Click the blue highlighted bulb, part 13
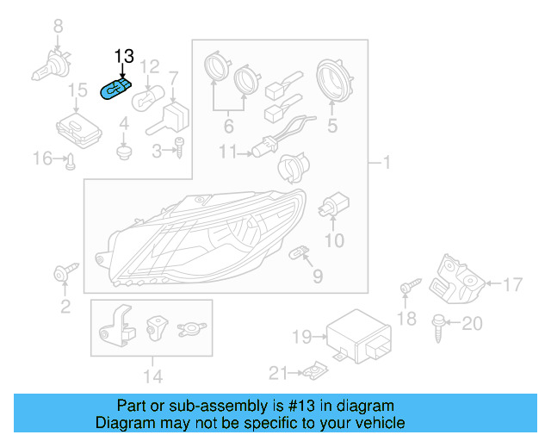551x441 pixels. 116,89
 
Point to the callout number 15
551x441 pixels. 77,90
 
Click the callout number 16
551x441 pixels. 42,158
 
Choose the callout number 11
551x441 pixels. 227,152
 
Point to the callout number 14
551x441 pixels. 152,375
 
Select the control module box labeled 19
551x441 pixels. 353,332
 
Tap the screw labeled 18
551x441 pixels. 406,286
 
